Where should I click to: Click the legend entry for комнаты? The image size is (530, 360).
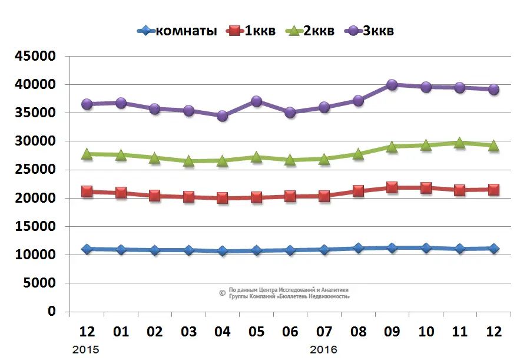click(177, 31)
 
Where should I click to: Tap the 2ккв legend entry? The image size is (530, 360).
click(310, 31)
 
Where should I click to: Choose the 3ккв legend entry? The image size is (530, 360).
click(370, 31)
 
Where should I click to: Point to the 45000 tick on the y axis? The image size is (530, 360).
click(35, 57)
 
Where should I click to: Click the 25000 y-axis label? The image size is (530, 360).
click(35, 170)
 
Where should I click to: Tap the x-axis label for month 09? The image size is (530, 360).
click(392, 332)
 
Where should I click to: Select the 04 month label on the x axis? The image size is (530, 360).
click(223, 332)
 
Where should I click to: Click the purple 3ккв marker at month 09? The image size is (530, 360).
click(392, 85)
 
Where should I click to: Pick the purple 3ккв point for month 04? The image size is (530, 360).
click(223, 115)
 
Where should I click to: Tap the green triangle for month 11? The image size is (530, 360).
click(459, 143)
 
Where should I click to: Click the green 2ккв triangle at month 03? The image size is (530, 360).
click(188, 160)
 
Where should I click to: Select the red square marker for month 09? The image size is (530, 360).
click(392, 188)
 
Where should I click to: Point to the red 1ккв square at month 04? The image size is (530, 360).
click(223, 198)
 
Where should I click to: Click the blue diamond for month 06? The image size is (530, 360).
click(290, 250)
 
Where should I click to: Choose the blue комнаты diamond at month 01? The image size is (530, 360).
click(121, 249)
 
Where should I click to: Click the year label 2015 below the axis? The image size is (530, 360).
click(85, 349)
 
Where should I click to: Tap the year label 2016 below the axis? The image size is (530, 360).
click(323, 349)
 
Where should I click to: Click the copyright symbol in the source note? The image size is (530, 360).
click(222, 293)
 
